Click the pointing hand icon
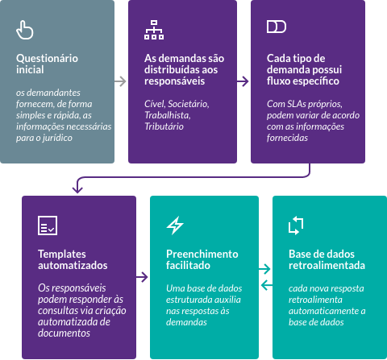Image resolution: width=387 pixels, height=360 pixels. (25, 30)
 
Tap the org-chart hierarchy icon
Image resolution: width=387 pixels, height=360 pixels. (154, 30)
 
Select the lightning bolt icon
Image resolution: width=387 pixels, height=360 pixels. (175, 226)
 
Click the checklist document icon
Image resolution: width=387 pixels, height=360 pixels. (48, 226)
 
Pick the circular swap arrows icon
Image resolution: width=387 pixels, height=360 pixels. (296, 226)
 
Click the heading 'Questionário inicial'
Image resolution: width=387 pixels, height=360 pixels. (47, 64)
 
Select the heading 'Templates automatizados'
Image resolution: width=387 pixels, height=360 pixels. (73, 259)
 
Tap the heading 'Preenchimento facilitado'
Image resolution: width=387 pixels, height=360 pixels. (202, 259)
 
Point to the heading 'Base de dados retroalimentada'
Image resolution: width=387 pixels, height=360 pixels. (327, 259)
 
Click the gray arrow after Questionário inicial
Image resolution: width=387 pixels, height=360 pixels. (120, 81)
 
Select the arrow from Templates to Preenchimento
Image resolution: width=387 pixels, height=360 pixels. (142, 277)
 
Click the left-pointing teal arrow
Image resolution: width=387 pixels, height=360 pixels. (267, 285)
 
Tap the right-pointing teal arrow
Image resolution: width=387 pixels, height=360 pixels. (264, 269)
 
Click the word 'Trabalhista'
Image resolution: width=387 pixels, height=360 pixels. (168, 115)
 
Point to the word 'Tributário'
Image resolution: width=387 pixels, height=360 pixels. (164, 126)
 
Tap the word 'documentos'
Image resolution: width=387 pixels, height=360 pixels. (64, 333)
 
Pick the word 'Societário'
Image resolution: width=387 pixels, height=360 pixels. (189, 104)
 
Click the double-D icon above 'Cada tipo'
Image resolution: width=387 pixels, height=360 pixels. (277, 27)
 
